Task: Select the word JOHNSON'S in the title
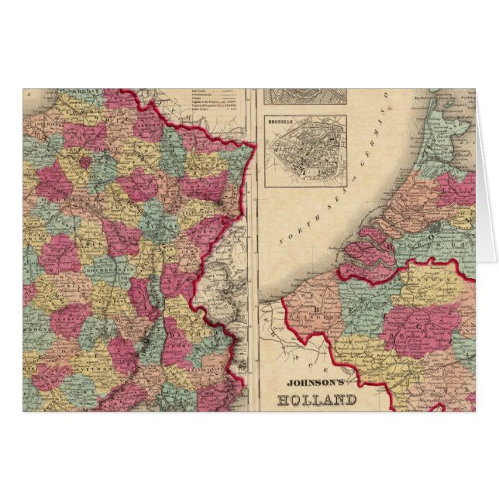[x=315, y=382]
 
